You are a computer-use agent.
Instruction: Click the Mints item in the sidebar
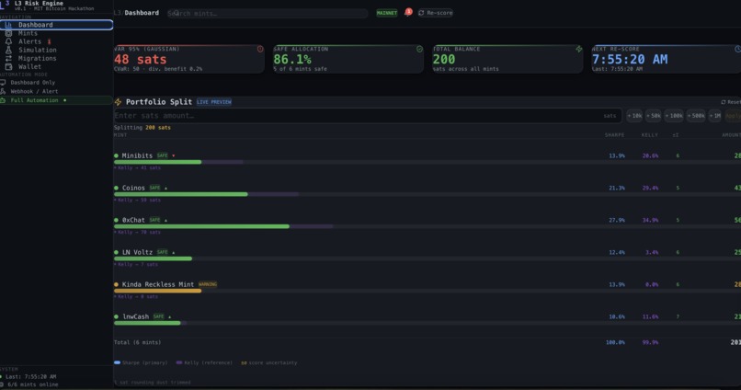[x=28, y=33]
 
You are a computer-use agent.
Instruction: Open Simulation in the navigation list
[x=37, y=50]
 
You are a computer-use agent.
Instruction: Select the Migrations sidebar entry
[x=37, y=58]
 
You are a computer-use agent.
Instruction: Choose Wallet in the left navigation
[x=29, y=66]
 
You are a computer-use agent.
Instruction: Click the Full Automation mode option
[x=37, y=100]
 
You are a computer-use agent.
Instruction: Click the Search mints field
[x=267, y=14]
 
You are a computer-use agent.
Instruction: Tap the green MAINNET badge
[x=387, y=14]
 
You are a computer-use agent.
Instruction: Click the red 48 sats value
[x=141, y=60]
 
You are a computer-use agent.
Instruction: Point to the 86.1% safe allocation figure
[x=292, y=60]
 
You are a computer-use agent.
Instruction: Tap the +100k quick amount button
[x=675, y=116]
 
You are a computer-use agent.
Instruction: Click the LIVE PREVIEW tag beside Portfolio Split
[x=214, y=102]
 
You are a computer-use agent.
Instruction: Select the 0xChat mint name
[x=133, y=220]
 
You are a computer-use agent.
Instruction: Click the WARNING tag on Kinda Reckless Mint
[x=208, y=284]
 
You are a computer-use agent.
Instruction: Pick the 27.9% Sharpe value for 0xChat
[x=616, y=220]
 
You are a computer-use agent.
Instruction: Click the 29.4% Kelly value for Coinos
[x=650, y=188]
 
